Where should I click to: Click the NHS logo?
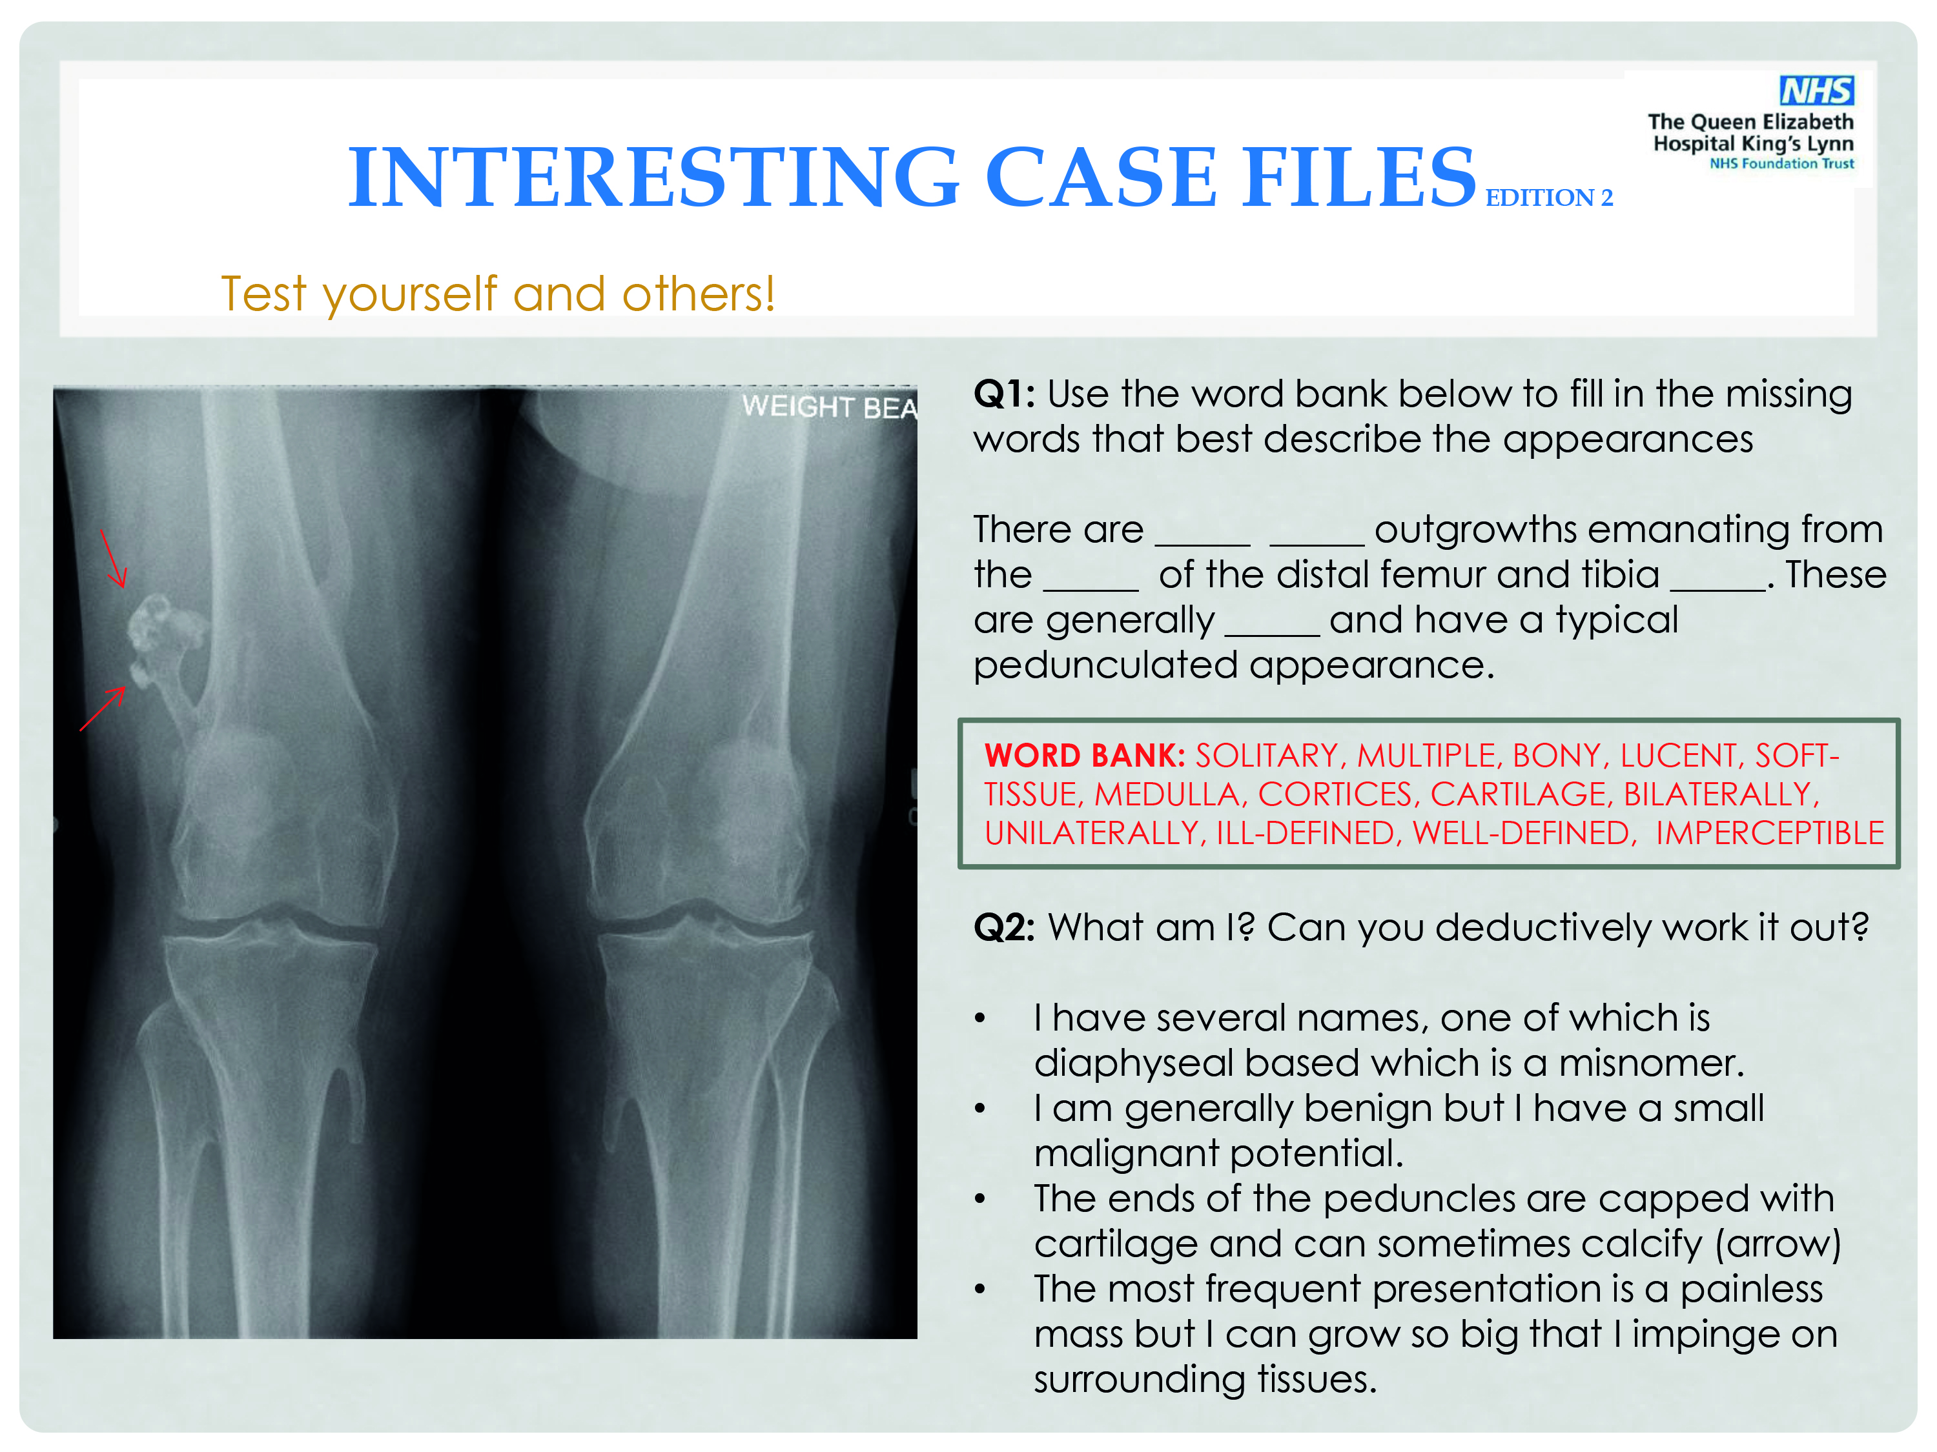[1816, 90]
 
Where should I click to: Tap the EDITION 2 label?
[1549, 198]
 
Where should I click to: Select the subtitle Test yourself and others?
[497, 294]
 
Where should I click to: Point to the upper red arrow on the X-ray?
[114, 558]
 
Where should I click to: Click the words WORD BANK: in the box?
[1085, 755]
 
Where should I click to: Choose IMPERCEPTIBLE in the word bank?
[1770, 832]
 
